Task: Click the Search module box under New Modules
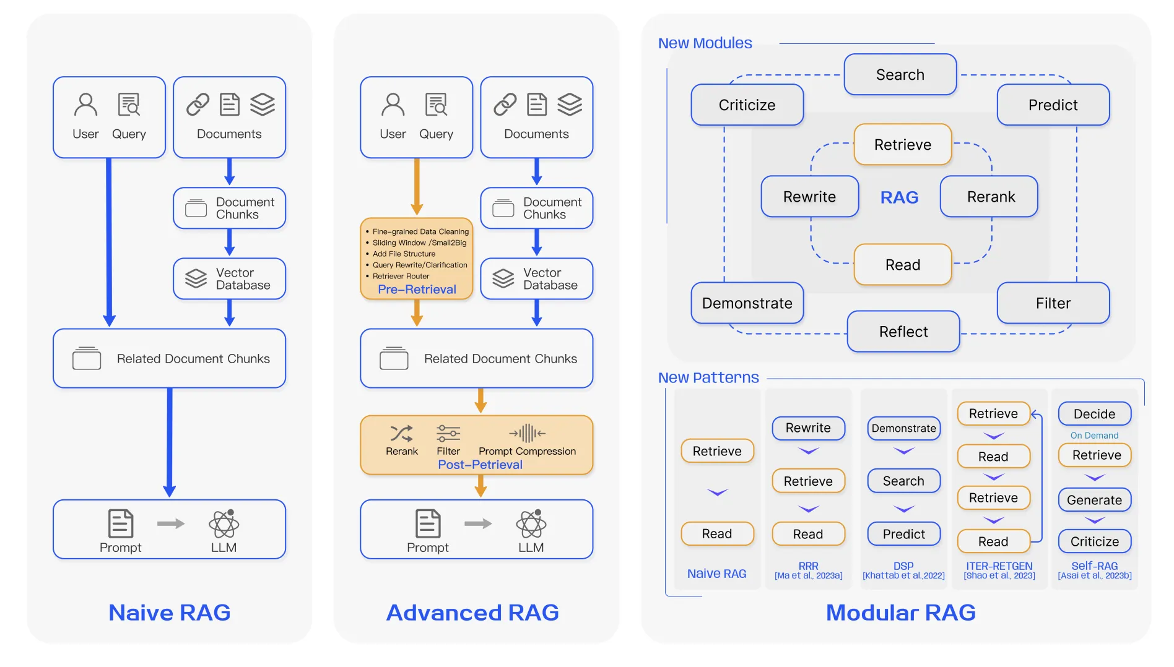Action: point(900,74)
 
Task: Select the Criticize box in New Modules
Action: point(747,105)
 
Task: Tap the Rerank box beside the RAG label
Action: point(989,196)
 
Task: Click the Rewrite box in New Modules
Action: point(809,196)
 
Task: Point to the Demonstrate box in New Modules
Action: point(747,303)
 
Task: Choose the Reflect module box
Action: point(903,331)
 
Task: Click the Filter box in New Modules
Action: point(1053,303)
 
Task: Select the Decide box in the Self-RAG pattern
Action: point(1094,413)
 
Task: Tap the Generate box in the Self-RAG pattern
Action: point(1094,499)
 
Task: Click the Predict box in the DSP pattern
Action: point(903,533)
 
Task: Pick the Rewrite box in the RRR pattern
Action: point(808,428)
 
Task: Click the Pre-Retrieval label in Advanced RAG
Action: point(417,289)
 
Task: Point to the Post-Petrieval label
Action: point(480,464)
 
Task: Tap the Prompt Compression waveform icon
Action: point(527,433)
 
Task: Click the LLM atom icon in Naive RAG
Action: point(224,523)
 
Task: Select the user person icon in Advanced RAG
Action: point(393,105)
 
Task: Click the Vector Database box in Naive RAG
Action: point(229,278)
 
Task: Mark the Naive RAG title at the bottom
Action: point(169,612)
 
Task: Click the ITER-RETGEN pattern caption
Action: point(999,566)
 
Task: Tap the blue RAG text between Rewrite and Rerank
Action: point(899,197)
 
